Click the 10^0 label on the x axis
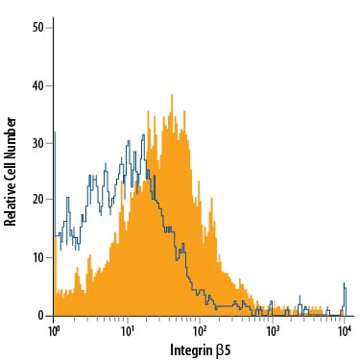pyautogui.click(x=54, y=330)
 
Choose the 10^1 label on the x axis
pyautogui.click(x=127, y=330)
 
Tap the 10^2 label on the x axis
pyautogui.click(x=200, y=330)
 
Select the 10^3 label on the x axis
pyautogui.click(x=273, y=330)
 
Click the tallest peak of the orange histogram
pyautogui.click(x=171, y=95)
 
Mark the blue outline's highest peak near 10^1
pyautogui.click(x=144, y=135)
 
